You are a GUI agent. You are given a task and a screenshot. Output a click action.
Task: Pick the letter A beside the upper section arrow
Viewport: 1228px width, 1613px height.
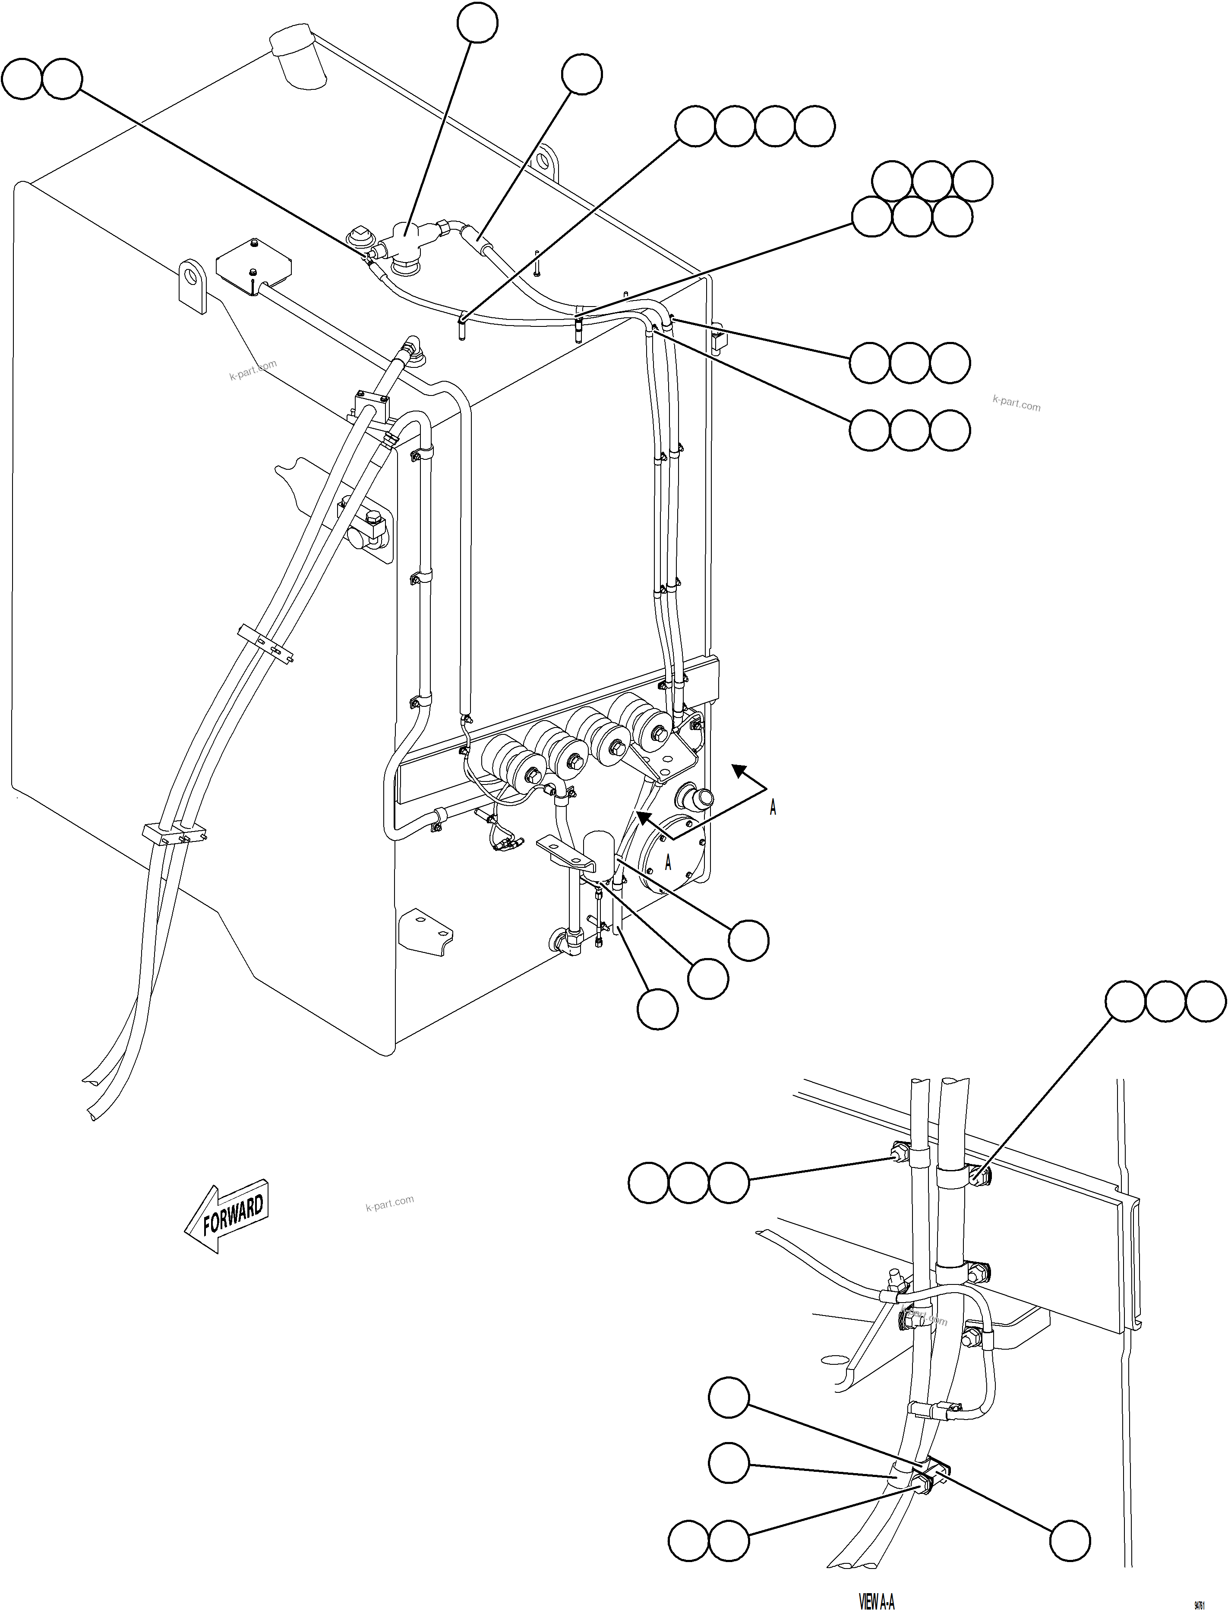point(773,807)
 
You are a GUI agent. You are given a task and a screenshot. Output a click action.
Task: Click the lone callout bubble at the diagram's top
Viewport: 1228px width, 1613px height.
point(477,23)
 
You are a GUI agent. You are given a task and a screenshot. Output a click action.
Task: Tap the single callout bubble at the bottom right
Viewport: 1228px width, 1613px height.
point(1070,1540)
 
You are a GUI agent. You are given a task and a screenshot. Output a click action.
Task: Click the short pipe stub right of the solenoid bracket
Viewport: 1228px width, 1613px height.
point(695,797)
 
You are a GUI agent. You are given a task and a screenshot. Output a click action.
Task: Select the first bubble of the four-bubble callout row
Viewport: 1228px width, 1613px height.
point(694,127)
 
